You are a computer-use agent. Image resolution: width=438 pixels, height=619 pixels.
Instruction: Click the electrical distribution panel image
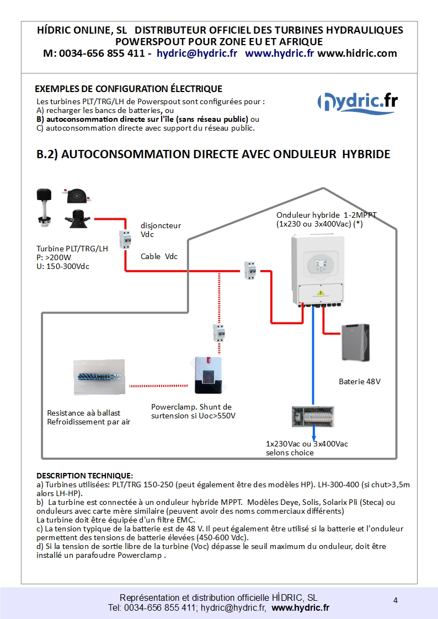(x=313, y=416)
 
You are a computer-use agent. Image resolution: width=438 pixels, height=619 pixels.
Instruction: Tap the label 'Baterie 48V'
(x=359, y=381)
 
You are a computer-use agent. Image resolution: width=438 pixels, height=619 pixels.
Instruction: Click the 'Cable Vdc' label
(x=159, y=256)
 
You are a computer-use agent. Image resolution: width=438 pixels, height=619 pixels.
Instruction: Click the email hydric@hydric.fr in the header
(x=197, y=53)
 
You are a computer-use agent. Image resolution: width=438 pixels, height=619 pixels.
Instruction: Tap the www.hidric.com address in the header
(x=357, y=53)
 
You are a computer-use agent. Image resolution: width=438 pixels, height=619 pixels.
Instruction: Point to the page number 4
(x=396, y=600)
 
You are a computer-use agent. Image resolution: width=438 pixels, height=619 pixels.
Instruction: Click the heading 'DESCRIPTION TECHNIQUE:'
(x=84, y=475)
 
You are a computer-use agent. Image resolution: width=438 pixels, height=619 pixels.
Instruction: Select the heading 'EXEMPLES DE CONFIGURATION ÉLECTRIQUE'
(x=129, y=89)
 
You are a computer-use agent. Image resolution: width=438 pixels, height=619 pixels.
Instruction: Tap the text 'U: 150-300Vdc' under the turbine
(x=63, y=266)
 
